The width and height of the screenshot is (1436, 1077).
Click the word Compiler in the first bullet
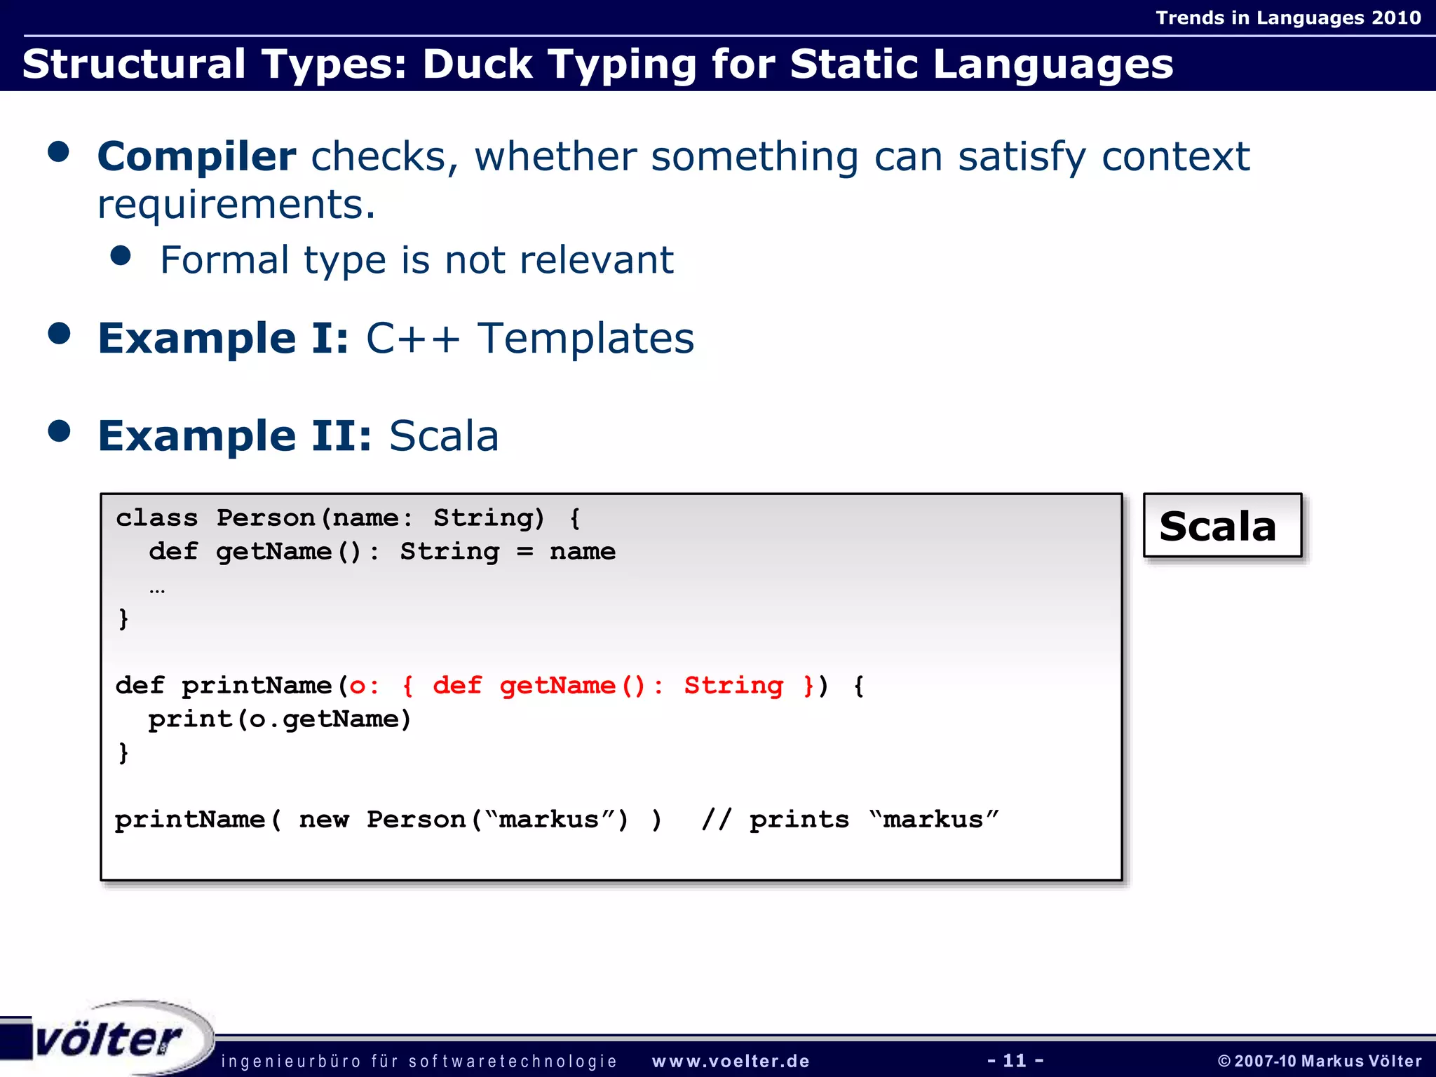[x=196, y=156]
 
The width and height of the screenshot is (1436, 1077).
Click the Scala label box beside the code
[x=1221, y=526]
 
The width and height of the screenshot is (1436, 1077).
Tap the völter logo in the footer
[x=109, y=1039]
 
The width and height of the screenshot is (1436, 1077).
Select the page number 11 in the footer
[x=1015, y=1060]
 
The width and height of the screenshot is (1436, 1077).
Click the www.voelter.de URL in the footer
[x=731, y=1061]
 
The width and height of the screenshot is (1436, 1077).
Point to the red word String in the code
[x=733, y=685]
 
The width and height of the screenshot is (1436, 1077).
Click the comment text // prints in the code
[x=775, y=819]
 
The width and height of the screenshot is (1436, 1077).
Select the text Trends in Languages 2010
[x=1288, y=18]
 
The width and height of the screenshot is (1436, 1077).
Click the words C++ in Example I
[x=413, y=339]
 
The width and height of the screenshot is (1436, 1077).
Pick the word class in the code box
[x=156, y=518]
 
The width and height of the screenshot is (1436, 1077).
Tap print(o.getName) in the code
[x=279, y=719]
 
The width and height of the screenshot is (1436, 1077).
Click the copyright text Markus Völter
[x=1360, y=1061]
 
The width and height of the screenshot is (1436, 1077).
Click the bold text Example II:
[x=234, y=436]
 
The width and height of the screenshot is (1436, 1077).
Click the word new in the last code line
[x=323, y=819]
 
